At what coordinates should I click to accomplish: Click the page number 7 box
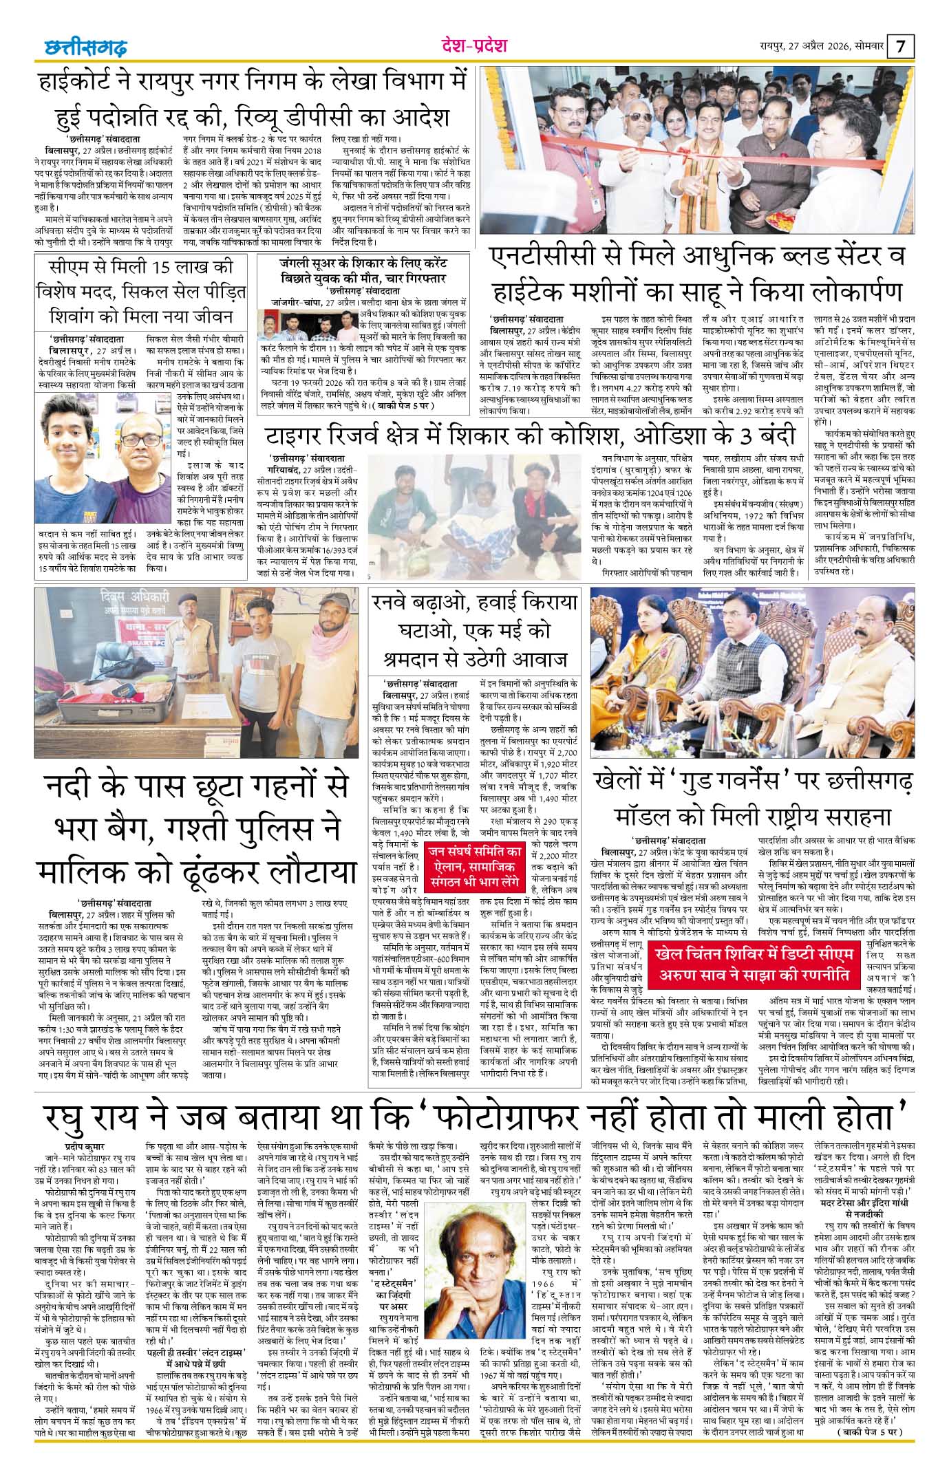pyautogui.click(x=902, y=47)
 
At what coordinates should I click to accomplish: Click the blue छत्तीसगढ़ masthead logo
pyautogui.click(x=82, y=48)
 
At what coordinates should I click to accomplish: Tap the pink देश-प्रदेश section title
pyautogui.click(x=474, y=46)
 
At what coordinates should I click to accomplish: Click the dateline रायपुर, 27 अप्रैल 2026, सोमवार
pyautogui.click(x=821, y=47)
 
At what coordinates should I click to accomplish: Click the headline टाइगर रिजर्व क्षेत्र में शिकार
pyautogui.click(x=531, y=436)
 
